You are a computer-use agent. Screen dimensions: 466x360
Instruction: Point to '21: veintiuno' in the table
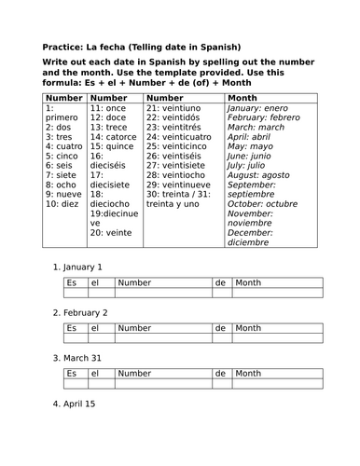pyautogui.click(x=178, y=109)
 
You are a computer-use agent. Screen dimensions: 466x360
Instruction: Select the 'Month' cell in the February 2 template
pyautogui.click(x=248, y=328)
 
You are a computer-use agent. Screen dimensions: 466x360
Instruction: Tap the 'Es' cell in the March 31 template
pyautogui.click(x=71, y=373)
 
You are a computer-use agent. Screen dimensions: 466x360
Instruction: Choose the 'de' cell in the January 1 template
pyautogui.click(x=220, y=282)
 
